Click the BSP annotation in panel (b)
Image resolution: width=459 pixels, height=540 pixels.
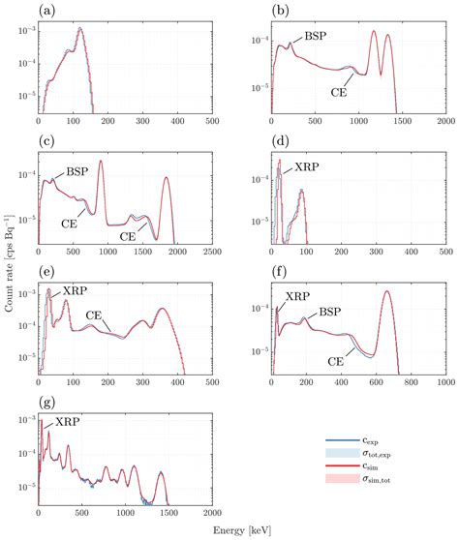tap(317, 36)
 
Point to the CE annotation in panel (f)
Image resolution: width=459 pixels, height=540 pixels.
tap(338, 361)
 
